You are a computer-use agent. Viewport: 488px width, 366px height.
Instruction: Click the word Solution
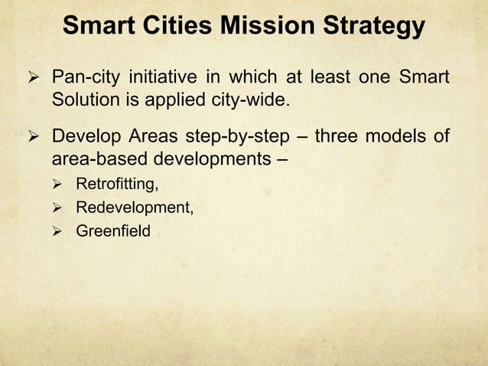pos(83,100)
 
